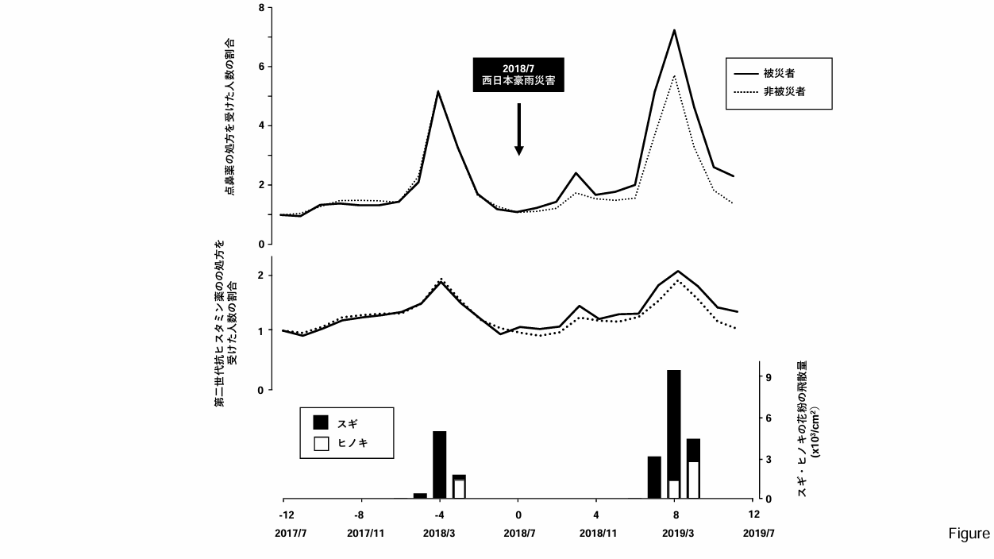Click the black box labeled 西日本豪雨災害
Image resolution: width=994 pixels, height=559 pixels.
coord(518,75)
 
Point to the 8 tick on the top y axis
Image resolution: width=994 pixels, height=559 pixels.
coord(261,8)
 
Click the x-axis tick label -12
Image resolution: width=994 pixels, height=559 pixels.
coord(283,514)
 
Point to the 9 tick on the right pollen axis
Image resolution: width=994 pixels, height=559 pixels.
coord(769,378)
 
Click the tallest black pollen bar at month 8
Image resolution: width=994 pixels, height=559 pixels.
coord(674,421)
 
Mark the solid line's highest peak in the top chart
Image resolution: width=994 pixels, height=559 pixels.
coord(674,31)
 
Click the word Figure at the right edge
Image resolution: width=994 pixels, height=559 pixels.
coord(968,534)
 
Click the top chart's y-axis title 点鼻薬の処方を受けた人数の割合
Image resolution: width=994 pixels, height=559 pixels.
coord(229,116)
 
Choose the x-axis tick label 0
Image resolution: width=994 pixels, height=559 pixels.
coord(518,514)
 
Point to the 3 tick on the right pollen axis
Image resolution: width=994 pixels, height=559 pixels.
coord(769,459)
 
